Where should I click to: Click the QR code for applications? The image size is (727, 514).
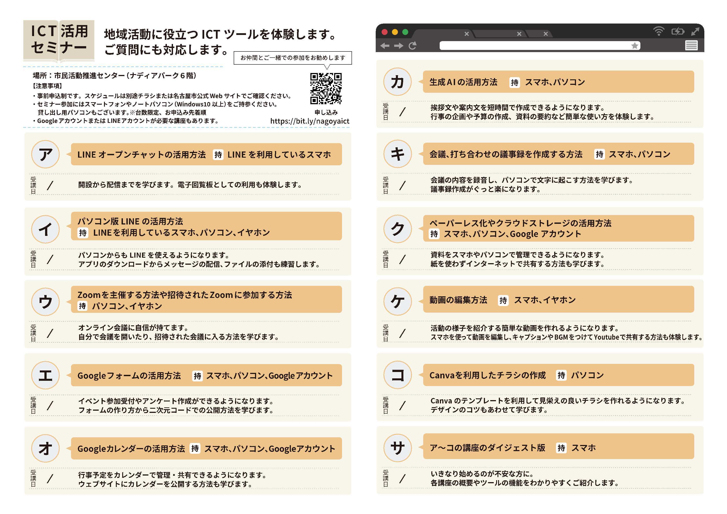tap(326, 88)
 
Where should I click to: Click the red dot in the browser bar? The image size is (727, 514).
tap(385, 32)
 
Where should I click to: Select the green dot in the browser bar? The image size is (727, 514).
tap(405, 32)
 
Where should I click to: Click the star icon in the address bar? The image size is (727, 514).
tap(634, 46)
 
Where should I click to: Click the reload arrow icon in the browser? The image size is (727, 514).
tap(412, 46)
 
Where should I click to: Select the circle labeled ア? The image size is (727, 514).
tap(45, 154)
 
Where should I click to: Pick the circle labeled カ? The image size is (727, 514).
tap(397, 82)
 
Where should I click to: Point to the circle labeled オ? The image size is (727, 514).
tap(45, 448)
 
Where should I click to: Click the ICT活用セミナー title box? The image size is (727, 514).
tap(59, 40)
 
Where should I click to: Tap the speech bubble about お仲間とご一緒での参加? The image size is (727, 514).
tap(293, 58)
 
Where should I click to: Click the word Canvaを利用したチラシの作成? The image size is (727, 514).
tap(487, 375)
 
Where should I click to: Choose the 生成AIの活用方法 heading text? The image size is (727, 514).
tap(463, 82)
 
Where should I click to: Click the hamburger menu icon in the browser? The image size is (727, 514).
tap(691, 46)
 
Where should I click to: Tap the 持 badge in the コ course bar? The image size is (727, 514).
tap(561, 375)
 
